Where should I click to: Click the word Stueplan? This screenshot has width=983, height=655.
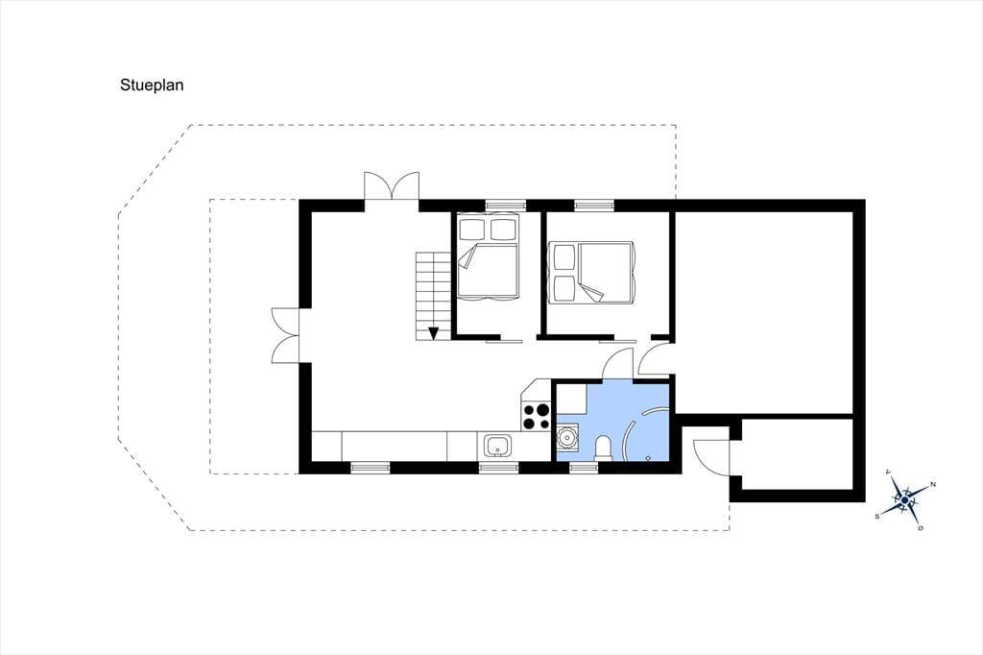point(152,85)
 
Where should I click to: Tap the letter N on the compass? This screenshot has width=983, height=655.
point(933,484)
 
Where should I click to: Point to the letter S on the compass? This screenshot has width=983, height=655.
point(877,516)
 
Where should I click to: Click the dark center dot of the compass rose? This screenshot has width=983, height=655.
point(904,500)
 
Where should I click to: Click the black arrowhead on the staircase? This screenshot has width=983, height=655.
point(433,333)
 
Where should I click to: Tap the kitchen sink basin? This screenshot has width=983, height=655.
point(498,446)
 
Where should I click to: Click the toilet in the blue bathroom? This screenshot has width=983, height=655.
point(603,448)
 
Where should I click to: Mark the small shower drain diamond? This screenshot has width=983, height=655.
point(648,458)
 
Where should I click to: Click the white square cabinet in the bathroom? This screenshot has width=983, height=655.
point(572,398)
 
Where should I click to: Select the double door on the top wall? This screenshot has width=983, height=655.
point(392,186)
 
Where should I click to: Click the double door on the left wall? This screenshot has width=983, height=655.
point(286,335)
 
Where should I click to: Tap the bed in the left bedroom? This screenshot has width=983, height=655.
point(488,256)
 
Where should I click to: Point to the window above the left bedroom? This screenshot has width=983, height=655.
point(506,204)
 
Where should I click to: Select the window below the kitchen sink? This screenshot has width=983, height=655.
point(499,467)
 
